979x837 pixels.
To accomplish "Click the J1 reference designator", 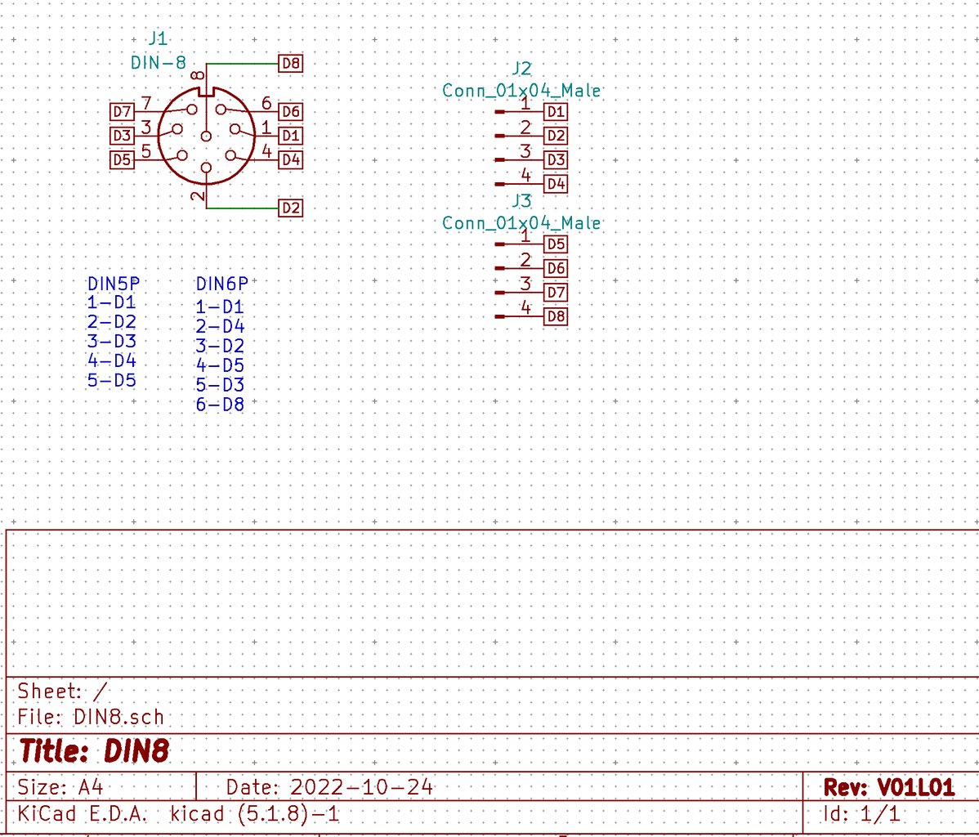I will (158, 38).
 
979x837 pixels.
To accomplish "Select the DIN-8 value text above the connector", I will (159, 62).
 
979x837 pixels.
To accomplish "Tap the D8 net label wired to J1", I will (290, 63).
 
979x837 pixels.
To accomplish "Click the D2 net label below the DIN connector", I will (290, 208).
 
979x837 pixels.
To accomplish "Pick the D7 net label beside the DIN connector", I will (122, 111).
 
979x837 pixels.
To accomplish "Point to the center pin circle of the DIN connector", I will (206, 136).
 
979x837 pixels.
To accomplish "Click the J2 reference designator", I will (521, 69).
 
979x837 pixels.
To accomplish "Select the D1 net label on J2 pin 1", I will (556, 111).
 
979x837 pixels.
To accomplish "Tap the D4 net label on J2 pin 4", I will (556, 184).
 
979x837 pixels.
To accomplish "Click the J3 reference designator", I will (521, 201).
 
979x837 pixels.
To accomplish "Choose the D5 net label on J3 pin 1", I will (556, 244).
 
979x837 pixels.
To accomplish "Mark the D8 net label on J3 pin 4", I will (556, 316).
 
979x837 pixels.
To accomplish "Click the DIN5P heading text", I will (114, 284).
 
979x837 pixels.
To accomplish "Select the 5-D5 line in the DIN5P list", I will (112, 380).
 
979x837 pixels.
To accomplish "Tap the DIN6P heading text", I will (221, 284).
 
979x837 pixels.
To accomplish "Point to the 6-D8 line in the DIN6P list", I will (220, 404).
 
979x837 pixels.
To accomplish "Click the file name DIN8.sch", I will (118, 717).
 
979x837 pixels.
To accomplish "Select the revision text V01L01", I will (915, 787).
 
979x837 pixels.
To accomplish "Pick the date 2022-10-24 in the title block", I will (361, 787).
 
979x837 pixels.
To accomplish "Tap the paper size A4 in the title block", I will (91, 787).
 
